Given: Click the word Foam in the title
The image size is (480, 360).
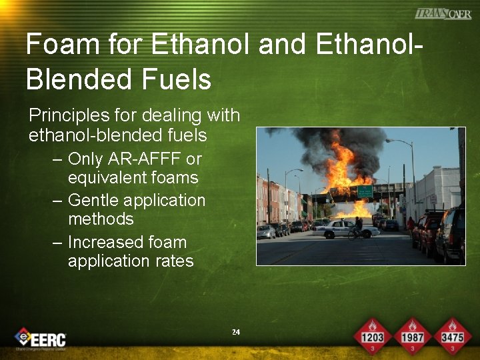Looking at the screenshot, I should pos(55,45).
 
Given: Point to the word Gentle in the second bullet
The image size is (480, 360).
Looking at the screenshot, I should pos(97,200).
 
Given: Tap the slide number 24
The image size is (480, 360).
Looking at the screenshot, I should pos(235,332).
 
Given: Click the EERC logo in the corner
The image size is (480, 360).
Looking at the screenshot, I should pos(41,339).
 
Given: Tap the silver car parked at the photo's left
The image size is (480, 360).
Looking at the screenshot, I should pos(266,231).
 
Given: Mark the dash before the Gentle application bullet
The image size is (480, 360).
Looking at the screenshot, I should pos(57,201).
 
